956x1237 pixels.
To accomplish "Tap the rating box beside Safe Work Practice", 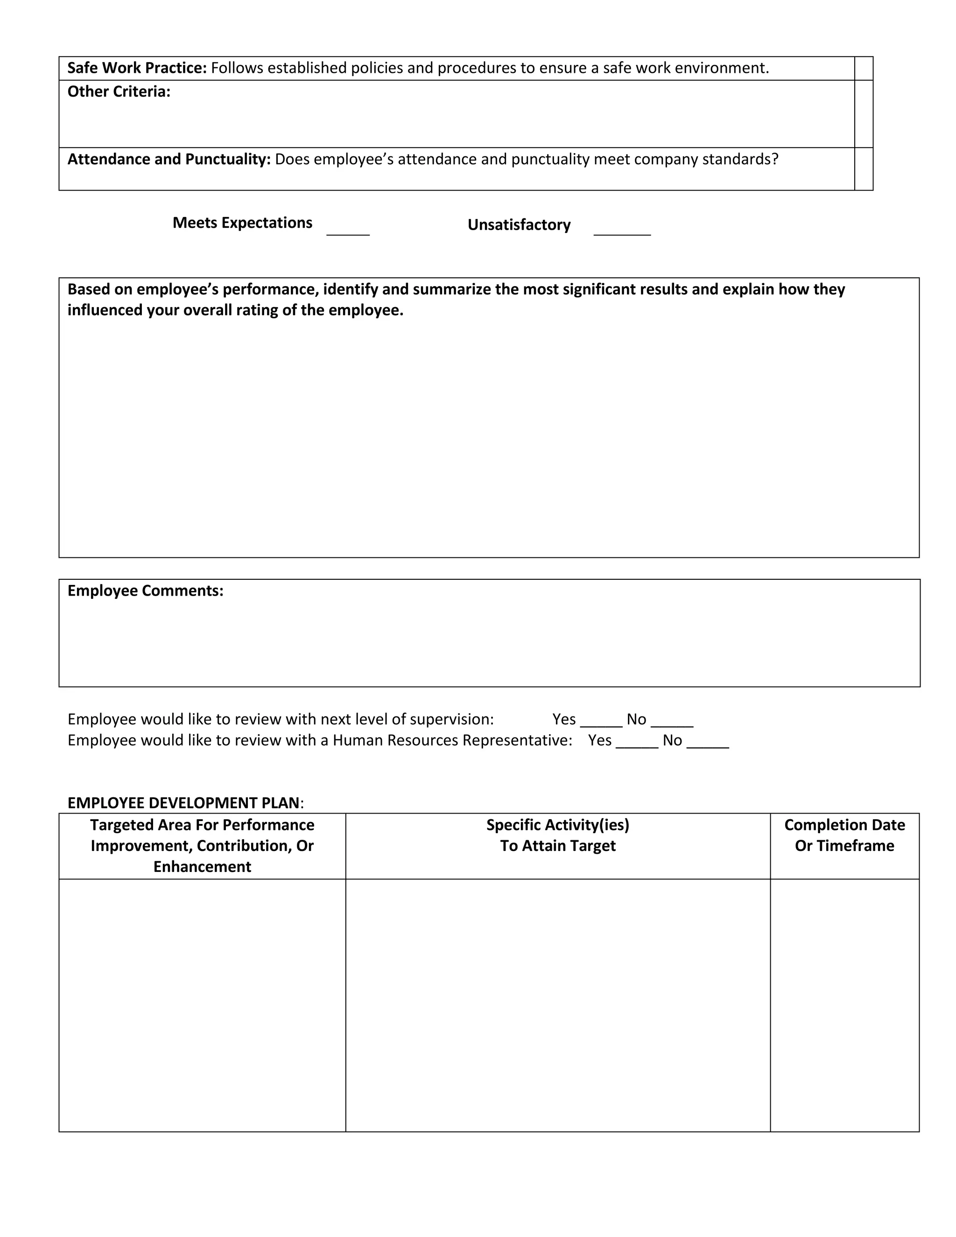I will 863,69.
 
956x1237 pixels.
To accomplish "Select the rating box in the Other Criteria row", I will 863,114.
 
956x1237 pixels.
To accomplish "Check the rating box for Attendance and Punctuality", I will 863,169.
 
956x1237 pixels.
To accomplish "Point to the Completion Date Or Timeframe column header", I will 844,835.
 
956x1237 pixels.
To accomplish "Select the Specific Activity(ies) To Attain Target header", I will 557,835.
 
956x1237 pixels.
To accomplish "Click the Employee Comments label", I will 146,591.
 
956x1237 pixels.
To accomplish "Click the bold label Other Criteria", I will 119,92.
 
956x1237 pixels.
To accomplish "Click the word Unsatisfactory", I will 519,225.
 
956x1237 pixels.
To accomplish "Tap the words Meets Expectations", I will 242,223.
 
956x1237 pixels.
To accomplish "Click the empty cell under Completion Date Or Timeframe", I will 844,1005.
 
